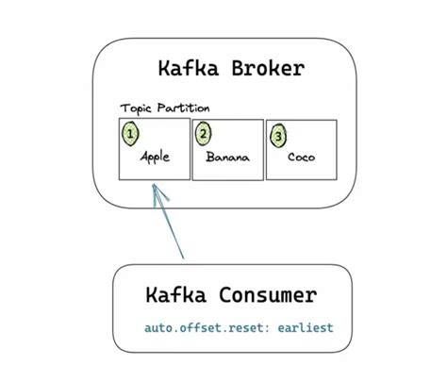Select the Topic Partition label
coord(165,108)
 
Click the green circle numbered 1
coord(131,133)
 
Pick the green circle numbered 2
coord(204,133)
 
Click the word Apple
coord(155,158)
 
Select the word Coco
coord(301,158)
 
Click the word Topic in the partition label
coord(135,108)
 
